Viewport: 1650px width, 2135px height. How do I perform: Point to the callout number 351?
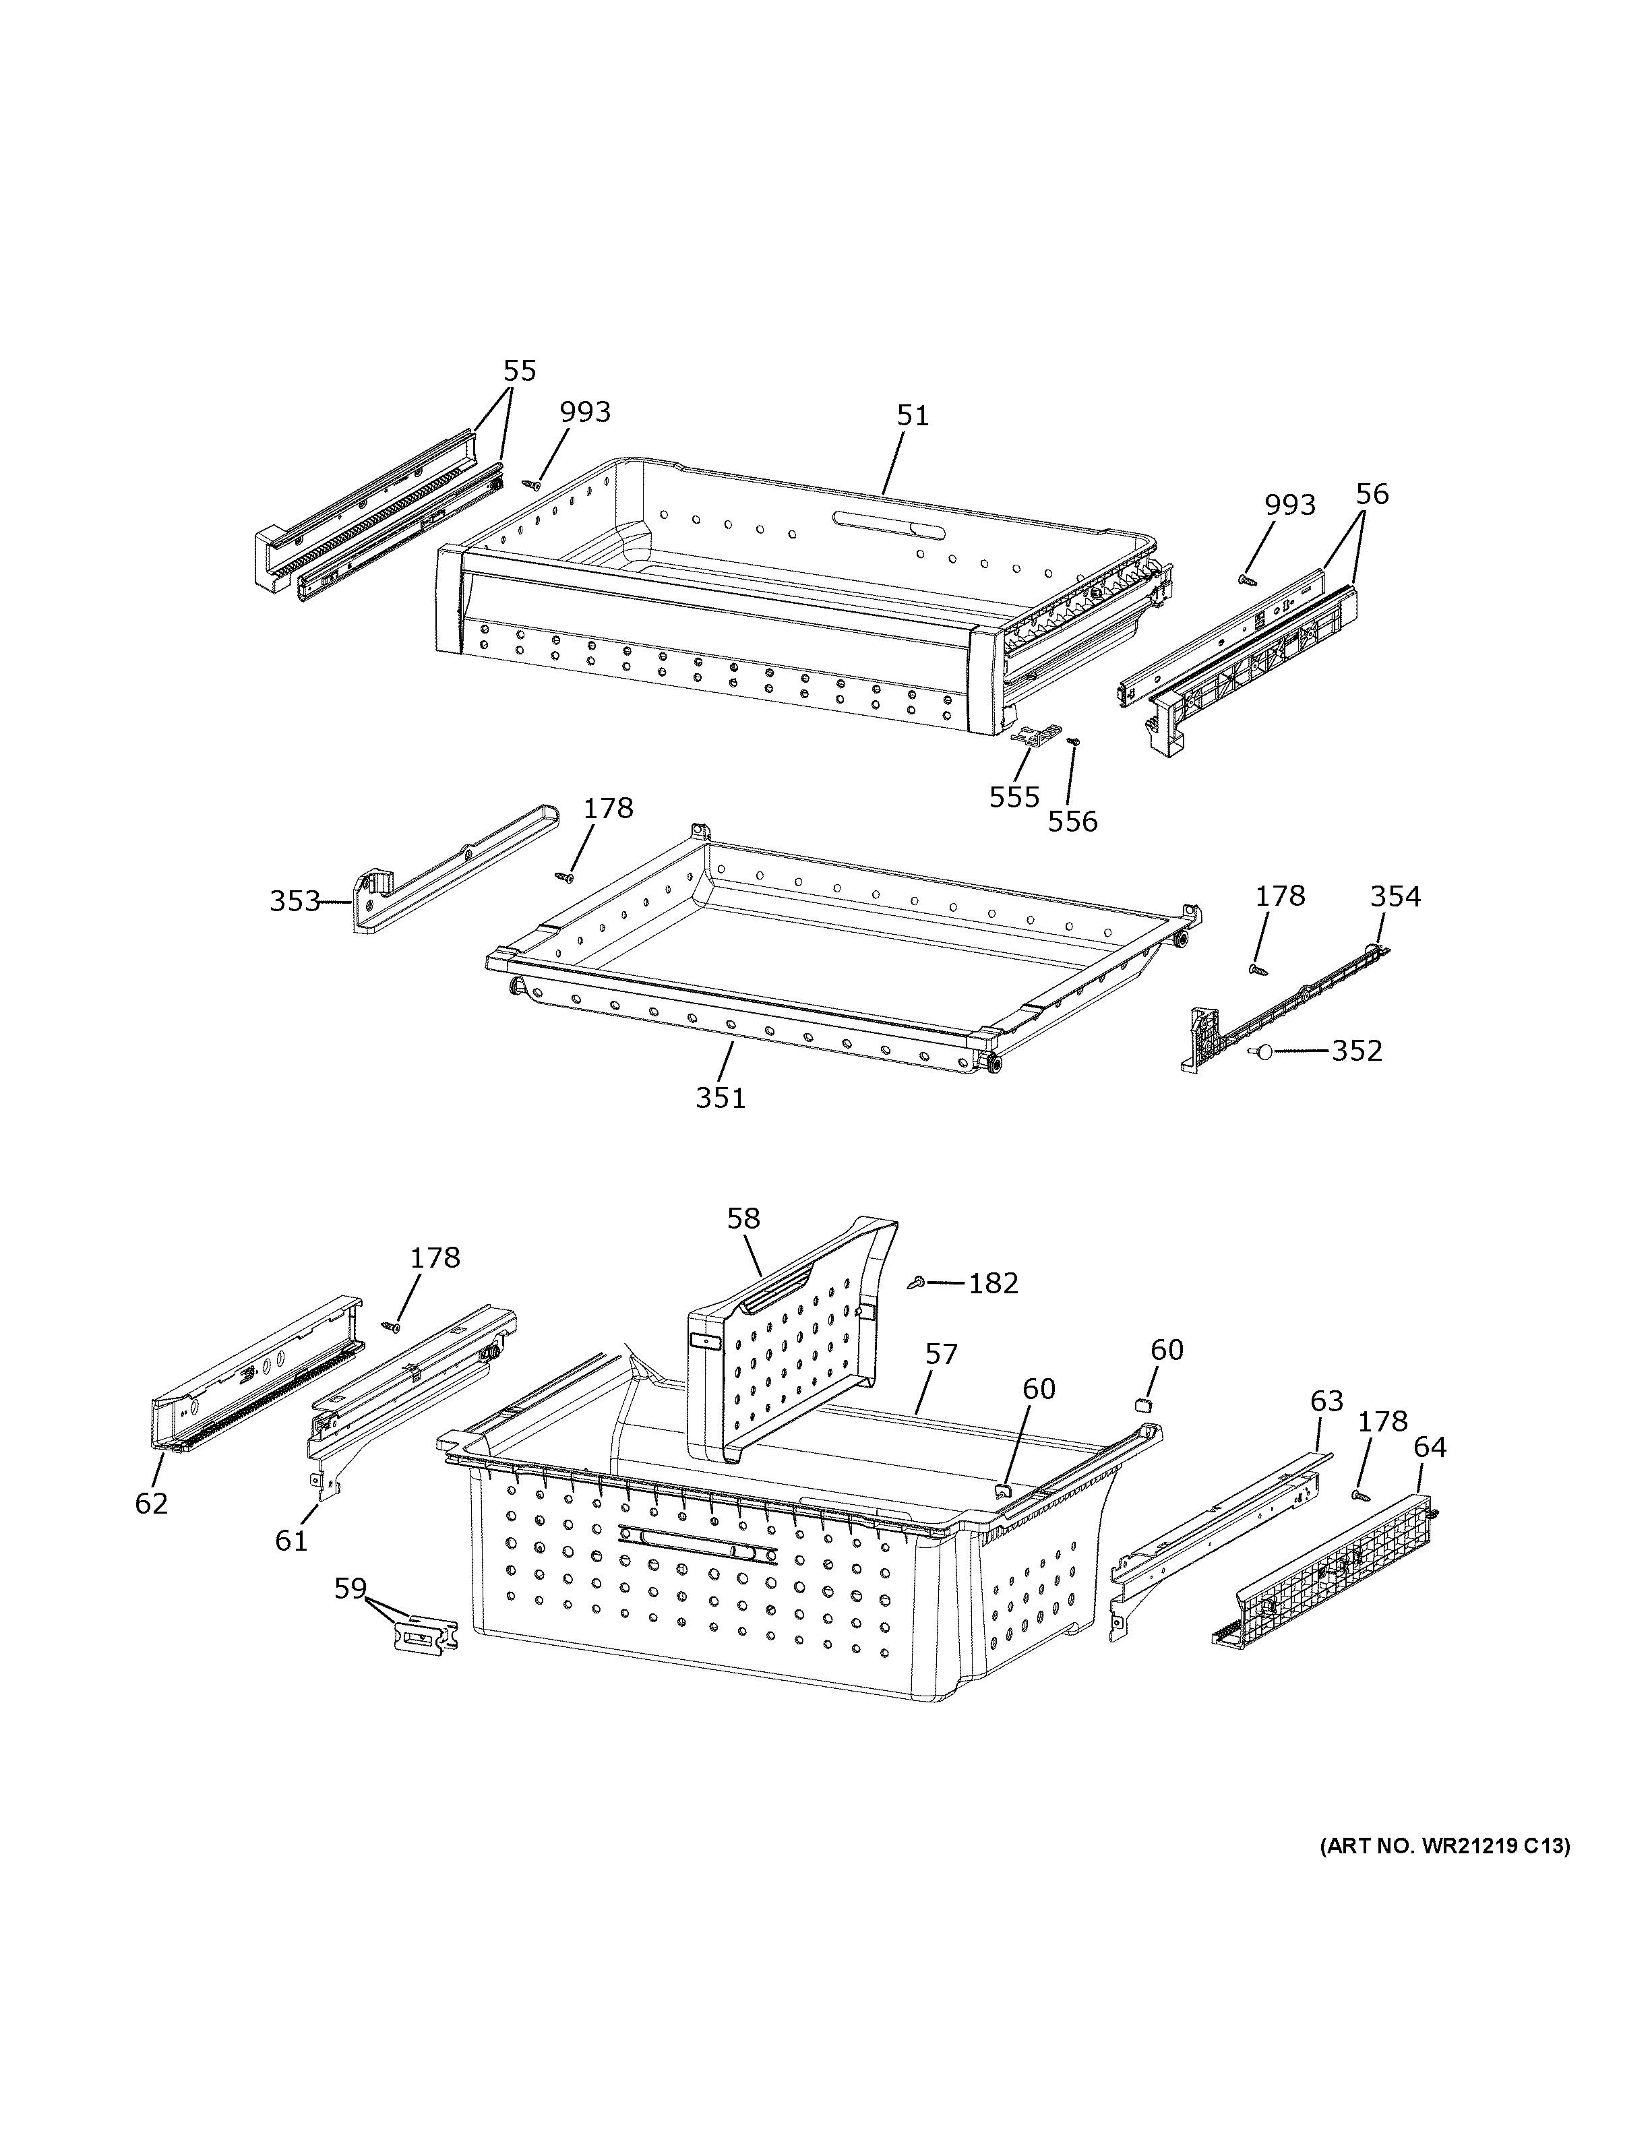pos(721,1098)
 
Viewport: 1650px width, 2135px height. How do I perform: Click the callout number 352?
pos(1357,1051)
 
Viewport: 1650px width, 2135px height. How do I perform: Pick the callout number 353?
pos(295,900)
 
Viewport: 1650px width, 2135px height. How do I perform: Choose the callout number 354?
pos(1395,896)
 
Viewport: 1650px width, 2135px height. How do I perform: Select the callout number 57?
pos(942,1354)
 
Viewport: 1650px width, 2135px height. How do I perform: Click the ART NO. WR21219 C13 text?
pos(1444,1846)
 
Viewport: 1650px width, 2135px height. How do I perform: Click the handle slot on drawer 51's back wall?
pos(890,523)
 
